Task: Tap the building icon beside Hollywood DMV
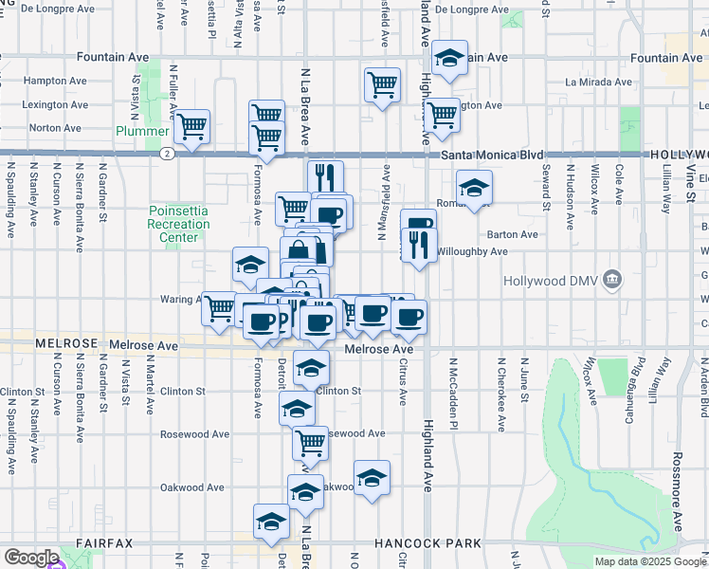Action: (612, 281)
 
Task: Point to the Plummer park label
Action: (141, 131)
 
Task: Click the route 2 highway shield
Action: (167, 153)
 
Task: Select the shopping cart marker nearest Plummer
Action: (192, 126)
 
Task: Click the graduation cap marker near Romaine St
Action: (475, 186)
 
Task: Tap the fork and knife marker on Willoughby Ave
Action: (419, 246)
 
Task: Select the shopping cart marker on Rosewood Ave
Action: (311, 442)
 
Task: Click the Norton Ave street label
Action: (56, 127)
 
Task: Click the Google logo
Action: (31, 558)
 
